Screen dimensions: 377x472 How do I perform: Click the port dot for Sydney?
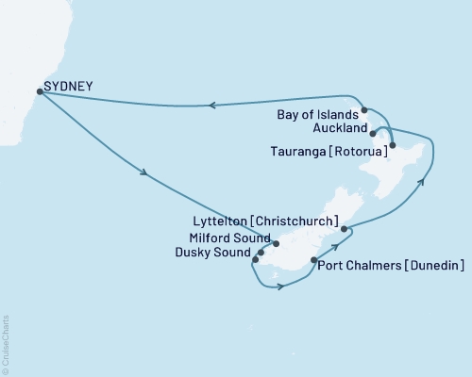tap(39, 91)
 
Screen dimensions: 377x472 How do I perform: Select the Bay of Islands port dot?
tap(364, 110)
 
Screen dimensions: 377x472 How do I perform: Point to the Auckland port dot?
tap(374, 133)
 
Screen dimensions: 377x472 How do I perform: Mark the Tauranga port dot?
tap(393, 145)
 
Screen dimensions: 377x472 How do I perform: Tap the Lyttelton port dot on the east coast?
tap(345, 229)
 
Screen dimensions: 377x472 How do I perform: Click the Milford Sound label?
tap(229, 238)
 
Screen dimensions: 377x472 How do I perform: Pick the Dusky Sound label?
tap(223, 252)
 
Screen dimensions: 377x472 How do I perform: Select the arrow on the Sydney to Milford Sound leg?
tap(144, 172)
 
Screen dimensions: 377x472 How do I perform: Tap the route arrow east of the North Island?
tap(422, 182)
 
